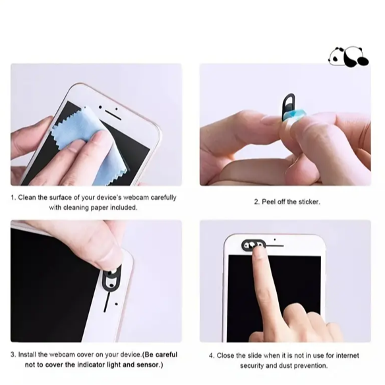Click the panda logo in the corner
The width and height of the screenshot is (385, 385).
tap(348, 57)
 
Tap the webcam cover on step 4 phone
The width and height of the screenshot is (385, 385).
tap(253, 245)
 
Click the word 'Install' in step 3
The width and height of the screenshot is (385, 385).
tap(27, 355)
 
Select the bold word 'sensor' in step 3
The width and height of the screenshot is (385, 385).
tap(148, 365)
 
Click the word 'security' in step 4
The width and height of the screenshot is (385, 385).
tap(252, 366)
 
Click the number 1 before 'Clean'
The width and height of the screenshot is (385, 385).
tap(13, 198)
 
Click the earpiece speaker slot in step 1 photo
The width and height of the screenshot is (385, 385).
tap(113, 115)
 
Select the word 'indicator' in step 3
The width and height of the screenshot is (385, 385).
tap(91, 365)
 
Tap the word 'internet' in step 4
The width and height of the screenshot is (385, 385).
tap(347, 355)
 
